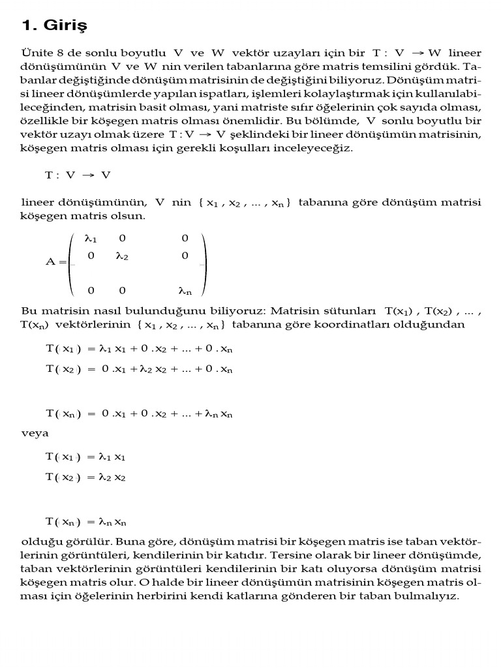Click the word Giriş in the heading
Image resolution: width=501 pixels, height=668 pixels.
point(65,27)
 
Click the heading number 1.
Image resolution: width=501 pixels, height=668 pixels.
point(27,26)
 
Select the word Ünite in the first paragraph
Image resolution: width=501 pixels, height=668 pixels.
point(35,52)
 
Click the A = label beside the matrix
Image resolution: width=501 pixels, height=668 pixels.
point(56,262)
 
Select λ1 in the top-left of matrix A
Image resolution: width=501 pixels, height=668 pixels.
point(91,239)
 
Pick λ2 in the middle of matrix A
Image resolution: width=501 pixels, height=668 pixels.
point(122,256)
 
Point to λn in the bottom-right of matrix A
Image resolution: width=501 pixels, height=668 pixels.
point(185,290)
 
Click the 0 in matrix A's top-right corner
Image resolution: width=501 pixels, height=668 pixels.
point(185,239)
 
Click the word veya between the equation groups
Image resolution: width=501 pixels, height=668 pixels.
point(35,433)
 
